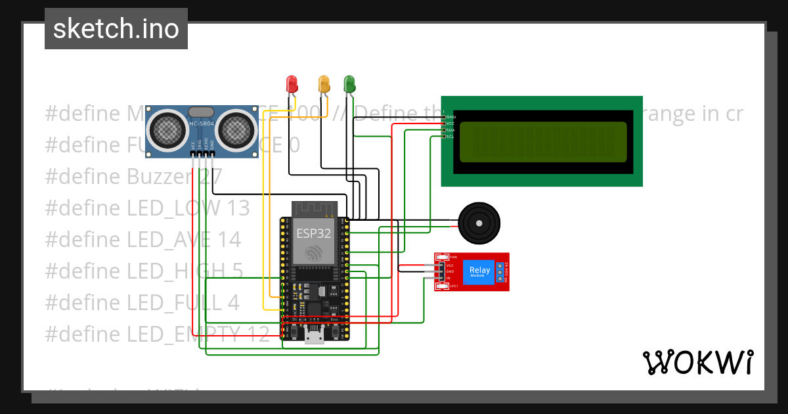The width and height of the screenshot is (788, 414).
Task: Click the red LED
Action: point(292,83)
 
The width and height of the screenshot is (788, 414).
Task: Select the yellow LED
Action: point(323,83)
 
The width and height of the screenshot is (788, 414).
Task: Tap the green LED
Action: point(349,83)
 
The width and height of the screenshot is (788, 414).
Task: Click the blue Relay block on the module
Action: point(479,271)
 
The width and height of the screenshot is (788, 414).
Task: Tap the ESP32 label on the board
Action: point(314,232)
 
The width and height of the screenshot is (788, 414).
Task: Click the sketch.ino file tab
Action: point(116,29)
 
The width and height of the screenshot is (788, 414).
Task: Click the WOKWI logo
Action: point(697,362)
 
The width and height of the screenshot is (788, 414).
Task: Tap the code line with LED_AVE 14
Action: point(142,239)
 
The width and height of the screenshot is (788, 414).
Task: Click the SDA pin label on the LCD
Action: point(450,130)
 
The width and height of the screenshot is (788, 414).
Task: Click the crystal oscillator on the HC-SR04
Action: point(200,112)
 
